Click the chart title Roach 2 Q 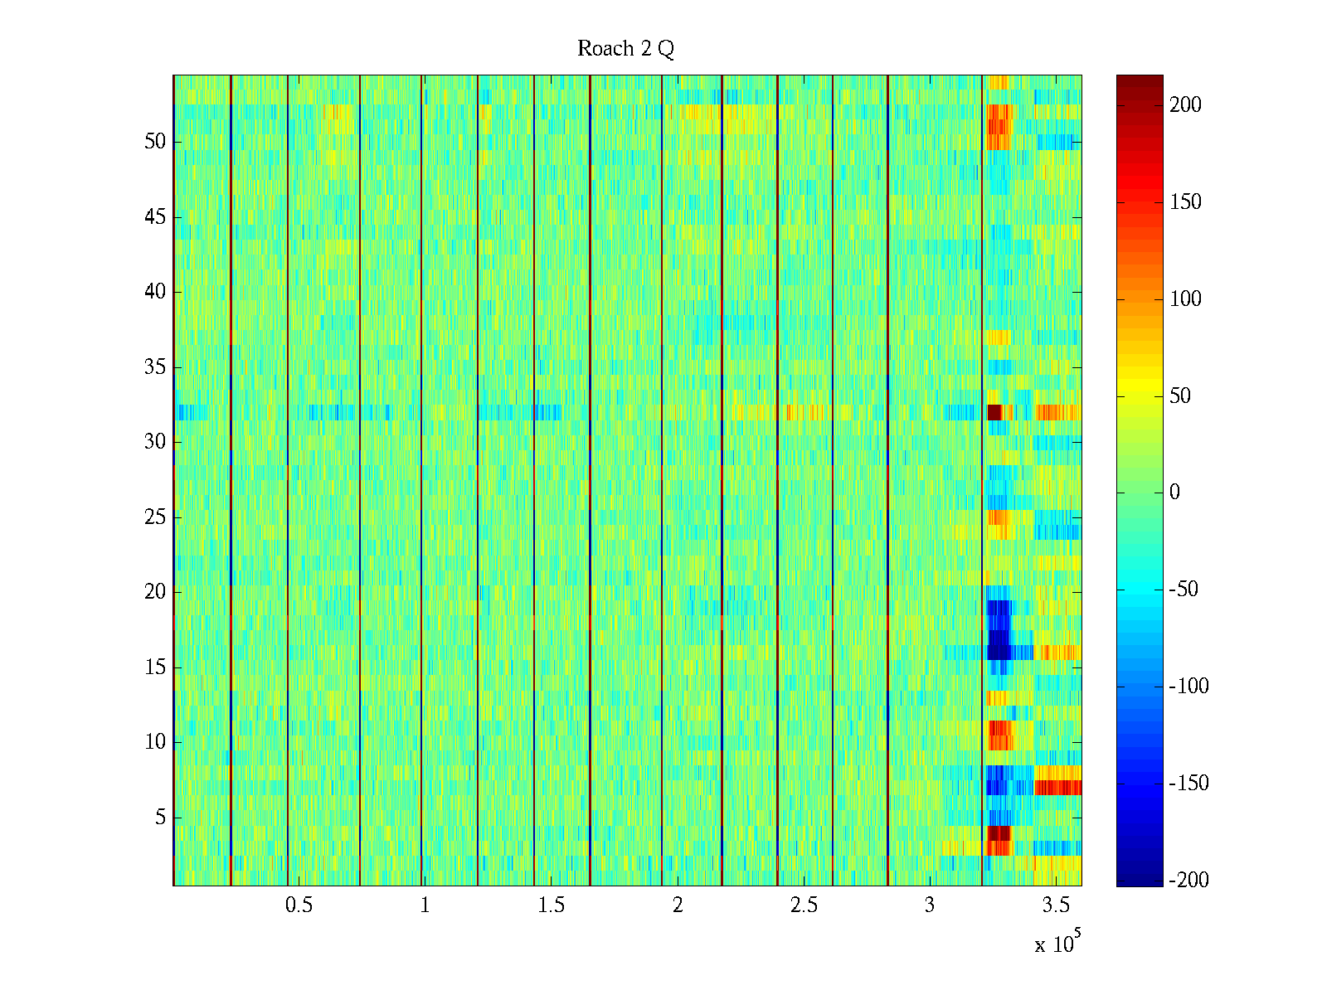[x=625, y=49]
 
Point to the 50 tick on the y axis [x=155, y=142]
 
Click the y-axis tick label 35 [x=155, y=366]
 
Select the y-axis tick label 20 [x=155, y=592]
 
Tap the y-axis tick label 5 [x=160, y=818]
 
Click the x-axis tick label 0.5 [x=299, y=905]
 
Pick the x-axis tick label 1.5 [x=551, y=905]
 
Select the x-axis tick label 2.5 [x=804, y=905]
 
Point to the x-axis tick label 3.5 [x=1056, y=905]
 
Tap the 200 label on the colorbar [x=1185, y=105]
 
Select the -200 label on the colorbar [x=1188, y=881]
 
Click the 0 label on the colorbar [x=1174, y=493]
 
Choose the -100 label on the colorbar [x=1188, y=687]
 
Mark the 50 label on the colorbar [x=1180, y=396]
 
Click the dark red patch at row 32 [x=994, y=412]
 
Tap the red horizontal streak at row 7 [x=1058, y=787]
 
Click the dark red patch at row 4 [x=999, y=832]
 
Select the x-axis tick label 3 [x=930, y=905]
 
